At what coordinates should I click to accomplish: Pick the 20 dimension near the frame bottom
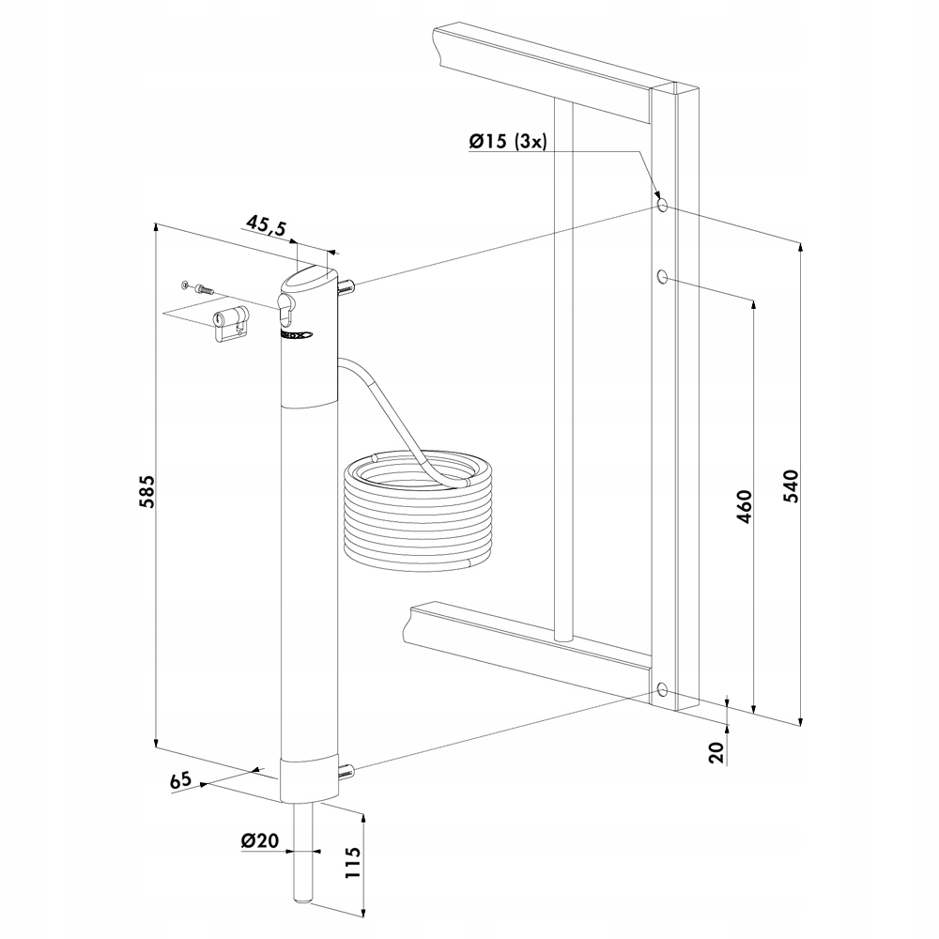(x=715, y=752)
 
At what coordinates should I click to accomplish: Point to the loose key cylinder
(x=229, y=324)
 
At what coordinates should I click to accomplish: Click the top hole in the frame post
(x=663, y=205)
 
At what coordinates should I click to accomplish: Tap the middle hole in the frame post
(x=663, y=276)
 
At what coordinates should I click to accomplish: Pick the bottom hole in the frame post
(x=664, y=691)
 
